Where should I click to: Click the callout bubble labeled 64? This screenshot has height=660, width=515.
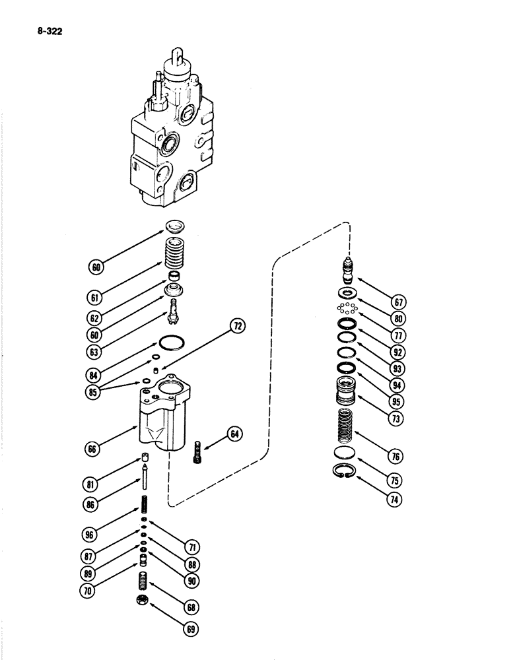[235, 434]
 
